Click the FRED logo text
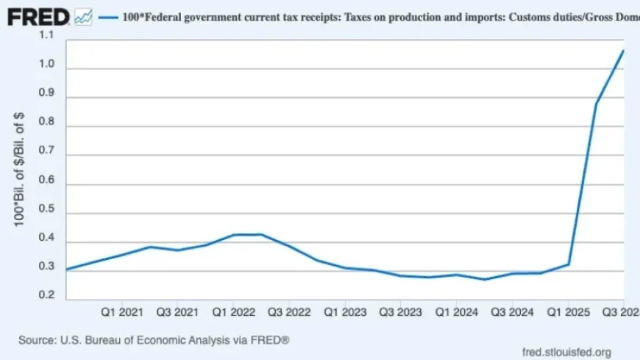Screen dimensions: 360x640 37,15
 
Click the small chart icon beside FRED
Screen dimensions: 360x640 82,16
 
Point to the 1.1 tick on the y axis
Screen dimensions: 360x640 47,35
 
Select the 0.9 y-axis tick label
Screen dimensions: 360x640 47,97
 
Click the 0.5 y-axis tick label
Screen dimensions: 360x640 47,213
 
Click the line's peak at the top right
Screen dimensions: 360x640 623,51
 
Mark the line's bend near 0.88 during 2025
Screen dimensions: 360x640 596,103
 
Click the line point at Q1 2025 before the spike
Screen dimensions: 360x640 569,264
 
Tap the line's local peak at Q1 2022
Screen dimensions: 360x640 234,235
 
